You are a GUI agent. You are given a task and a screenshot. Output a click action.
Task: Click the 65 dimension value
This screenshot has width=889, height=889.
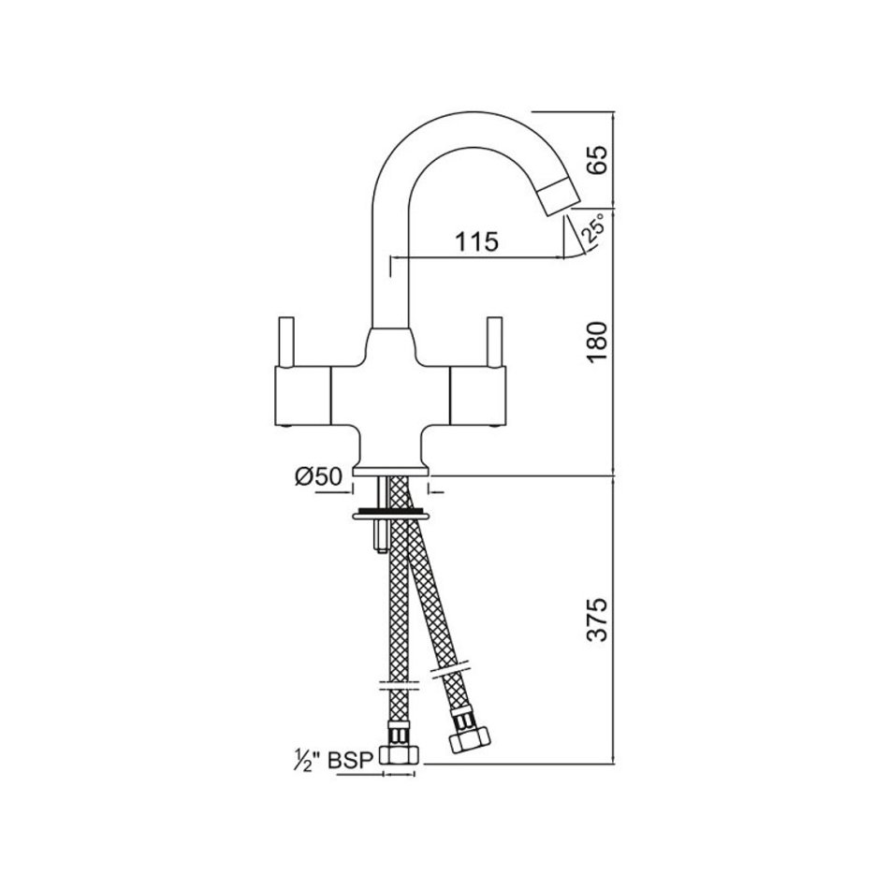click(x=599, y=160)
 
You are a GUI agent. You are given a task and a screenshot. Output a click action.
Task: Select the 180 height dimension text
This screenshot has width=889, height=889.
click(x=599, y=342)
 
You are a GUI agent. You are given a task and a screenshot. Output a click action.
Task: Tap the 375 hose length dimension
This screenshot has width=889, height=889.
click(x=599, y=619)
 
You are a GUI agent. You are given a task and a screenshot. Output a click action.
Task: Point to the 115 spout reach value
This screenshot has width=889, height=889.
click(x=477, y=240)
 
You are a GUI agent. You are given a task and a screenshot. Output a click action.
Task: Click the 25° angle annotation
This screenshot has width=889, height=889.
click(x=593, y=228)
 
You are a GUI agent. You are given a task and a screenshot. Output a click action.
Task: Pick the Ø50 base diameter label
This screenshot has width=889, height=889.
click(x=318, y=477)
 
